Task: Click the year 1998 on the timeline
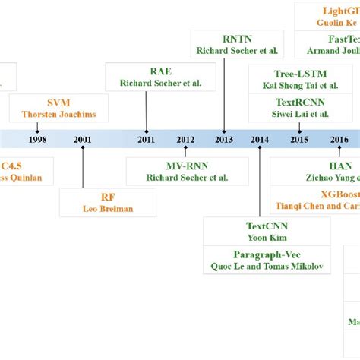click(x=36, y=139)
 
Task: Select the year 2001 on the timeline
click(x=83, y=139)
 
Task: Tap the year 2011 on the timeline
click(x=146, y=139)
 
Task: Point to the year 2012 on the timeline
click(x=185, y=139)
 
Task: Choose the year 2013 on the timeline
click(x=224, y=139)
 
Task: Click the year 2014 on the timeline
click(x=260, y=139)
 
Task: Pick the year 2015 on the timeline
click(x=299, y=139)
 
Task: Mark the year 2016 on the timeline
click(x=339, y=139)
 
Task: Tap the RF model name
click(x=107, y=195)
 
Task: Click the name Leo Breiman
click(x=107, y=208)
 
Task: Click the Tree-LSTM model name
click(x=289, y=74)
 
